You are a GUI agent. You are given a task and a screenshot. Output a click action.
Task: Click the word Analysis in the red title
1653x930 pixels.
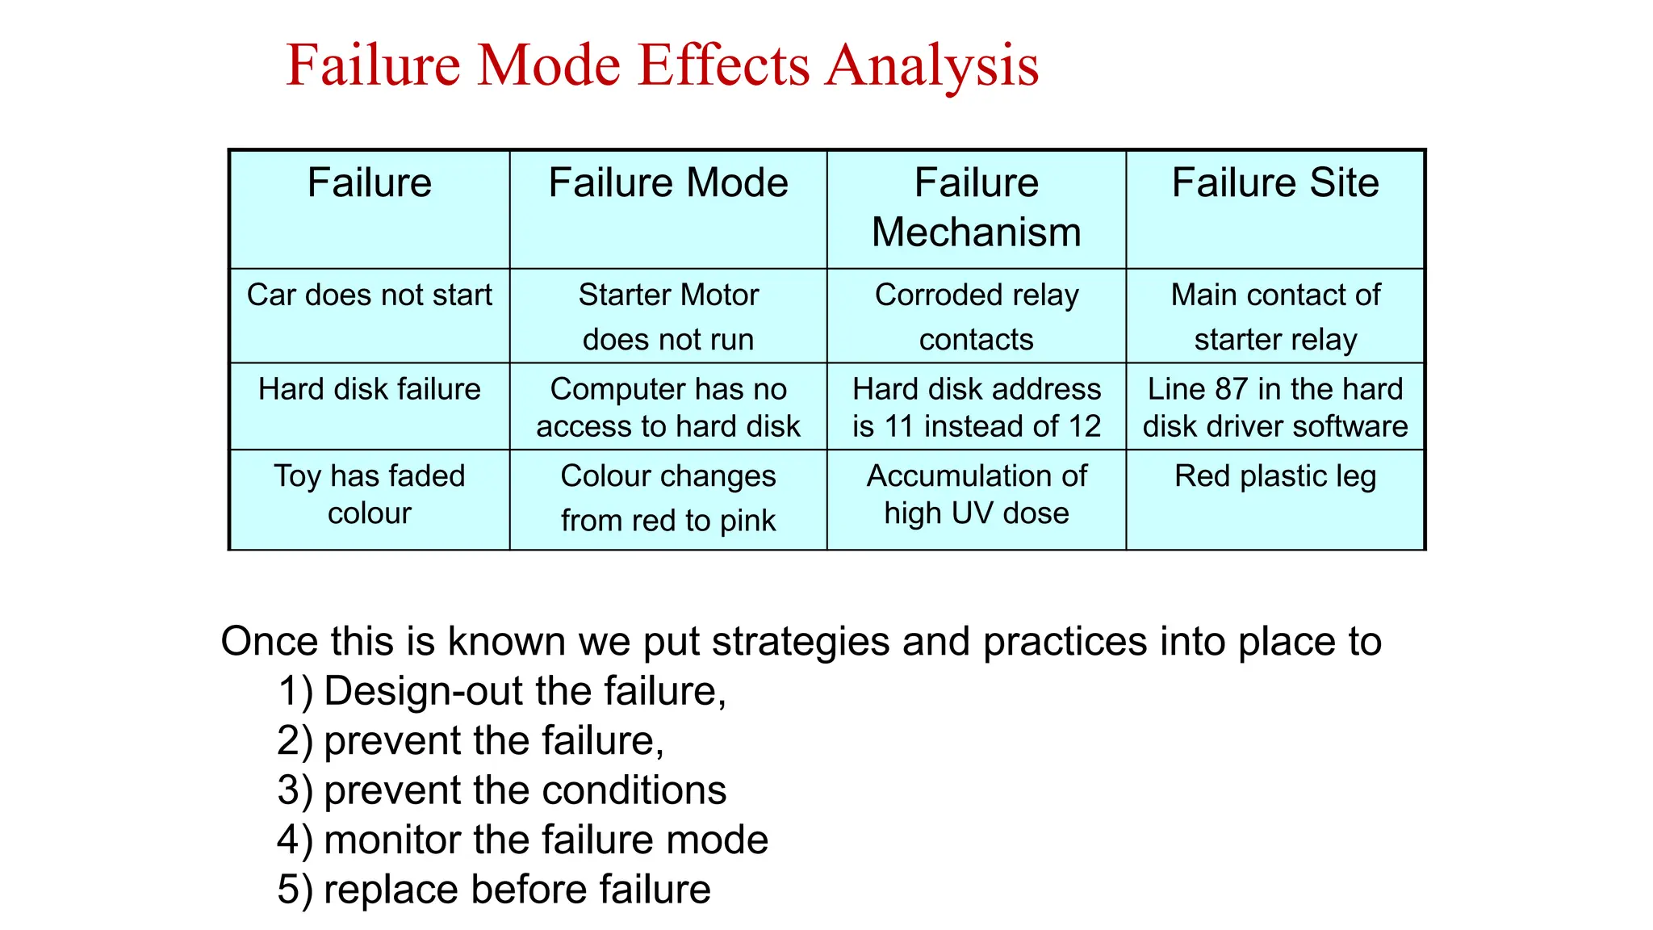tap(931, 65)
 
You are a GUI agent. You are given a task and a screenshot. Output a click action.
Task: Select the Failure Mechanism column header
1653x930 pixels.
tap(976, 207)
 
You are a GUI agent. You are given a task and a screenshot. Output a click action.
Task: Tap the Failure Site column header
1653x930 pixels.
tap(1274, 183)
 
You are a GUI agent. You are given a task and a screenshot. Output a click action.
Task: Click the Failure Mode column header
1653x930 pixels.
tap(667, 183)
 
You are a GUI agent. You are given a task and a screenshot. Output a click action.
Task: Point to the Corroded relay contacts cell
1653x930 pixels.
tap(976, 316)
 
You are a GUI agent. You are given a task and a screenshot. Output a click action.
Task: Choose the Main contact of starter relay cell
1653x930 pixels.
tap(1274, 316)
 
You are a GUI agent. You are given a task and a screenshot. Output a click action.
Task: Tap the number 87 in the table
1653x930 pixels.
tap(1232, 389)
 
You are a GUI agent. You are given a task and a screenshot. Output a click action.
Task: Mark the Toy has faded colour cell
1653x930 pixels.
tap(369, 494)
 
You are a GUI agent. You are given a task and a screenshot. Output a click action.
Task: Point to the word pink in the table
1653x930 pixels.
tap(747, 521)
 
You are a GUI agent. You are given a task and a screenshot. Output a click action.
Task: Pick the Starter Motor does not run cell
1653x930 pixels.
tap(667, 316)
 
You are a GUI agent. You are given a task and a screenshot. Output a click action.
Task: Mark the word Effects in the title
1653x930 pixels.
tap(724, 65)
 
